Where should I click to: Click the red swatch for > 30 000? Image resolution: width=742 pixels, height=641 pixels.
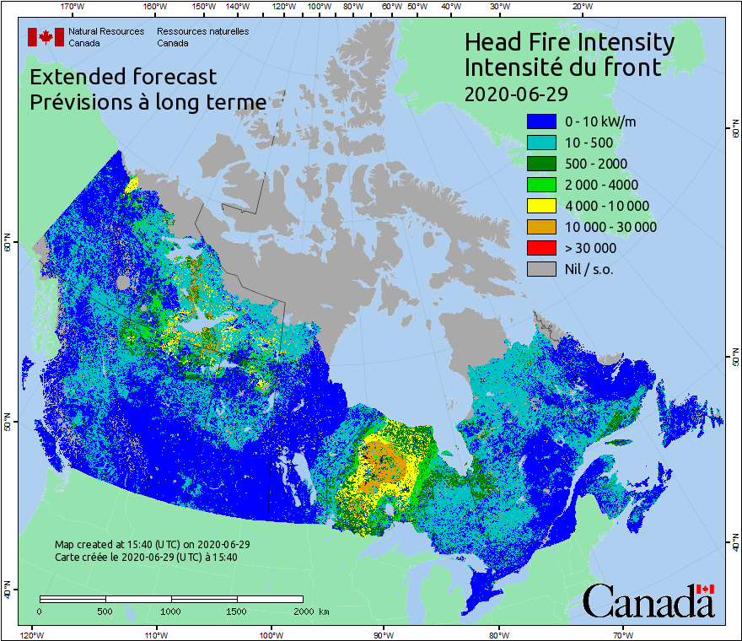tap(540, 248)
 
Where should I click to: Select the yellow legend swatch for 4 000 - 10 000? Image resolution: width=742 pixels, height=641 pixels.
tap(540, 206)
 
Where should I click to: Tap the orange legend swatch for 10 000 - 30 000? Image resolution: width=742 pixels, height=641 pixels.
tap(540, 227)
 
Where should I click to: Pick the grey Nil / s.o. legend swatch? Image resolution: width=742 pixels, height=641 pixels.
tap(540, 269)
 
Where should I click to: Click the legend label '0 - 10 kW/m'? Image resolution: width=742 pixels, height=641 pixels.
tap(600, 121)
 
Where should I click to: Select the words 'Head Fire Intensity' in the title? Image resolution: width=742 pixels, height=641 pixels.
tap(569, 41)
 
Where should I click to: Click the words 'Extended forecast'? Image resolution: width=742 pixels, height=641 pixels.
tap(123, 77)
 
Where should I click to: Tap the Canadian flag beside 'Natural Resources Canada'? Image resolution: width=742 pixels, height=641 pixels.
tap(46, 36)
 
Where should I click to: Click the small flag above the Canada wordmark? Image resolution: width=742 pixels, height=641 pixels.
tap(705, 589)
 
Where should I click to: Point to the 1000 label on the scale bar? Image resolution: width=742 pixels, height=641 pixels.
tap(171, 610)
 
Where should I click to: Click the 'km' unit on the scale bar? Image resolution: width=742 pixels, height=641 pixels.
tap(325, 610)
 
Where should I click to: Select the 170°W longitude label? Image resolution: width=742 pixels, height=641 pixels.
tap(73, 7)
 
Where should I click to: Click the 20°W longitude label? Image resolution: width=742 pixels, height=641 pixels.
tap(581, 7)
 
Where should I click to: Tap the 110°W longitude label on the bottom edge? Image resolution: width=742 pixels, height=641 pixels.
tap(153, 633)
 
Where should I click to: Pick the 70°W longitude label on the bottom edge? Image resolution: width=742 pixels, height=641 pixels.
tap(622, 633)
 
